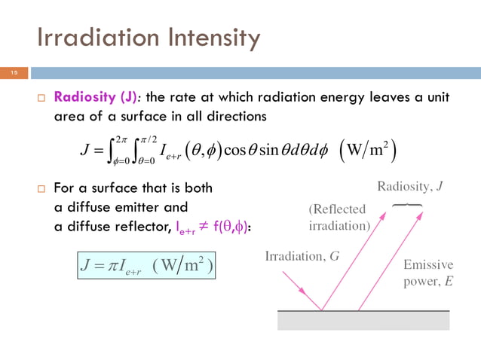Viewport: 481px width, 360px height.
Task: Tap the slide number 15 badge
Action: click(x=14, y=73)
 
